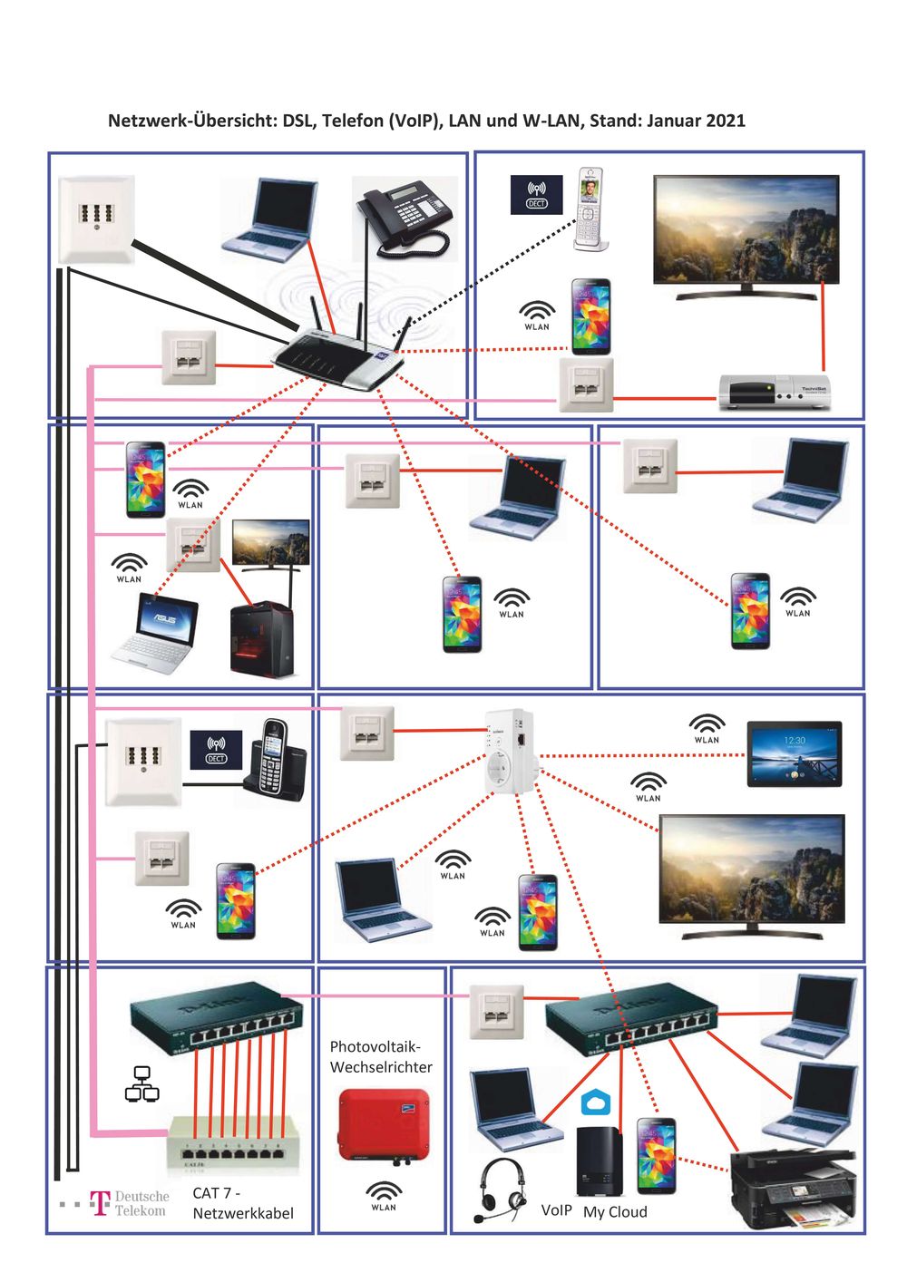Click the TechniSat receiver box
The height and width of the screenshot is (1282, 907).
click(774, 392)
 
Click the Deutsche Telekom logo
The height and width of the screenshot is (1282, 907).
click(129, 1203)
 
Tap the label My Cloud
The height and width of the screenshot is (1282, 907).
click(615, 1212)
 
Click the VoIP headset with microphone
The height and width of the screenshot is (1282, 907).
click(501, 1189)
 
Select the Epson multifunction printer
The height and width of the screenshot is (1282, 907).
click(795, 1188)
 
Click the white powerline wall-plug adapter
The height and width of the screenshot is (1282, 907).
click(512, 751)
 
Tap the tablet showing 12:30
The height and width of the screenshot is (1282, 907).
click(794, 753)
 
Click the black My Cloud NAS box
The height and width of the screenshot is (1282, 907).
click(599, 1161)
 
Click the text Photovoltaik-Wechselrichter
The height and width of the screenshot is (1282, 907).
click(380, 1057)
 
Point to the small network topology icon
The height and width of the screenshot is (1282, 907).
click(141, 1083)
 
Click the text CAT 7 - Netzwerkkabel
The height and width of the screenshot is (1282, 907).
click(242, 1203)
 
